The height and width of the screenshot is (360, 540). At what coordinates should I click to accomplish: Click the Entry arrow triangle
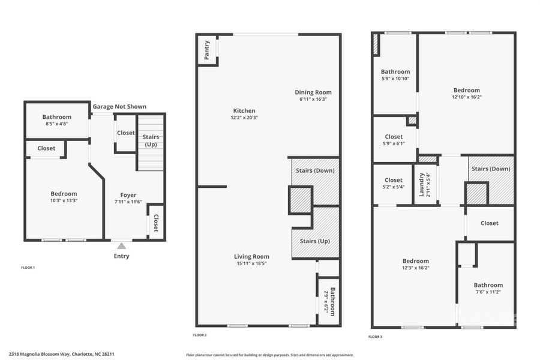tap(121, 245)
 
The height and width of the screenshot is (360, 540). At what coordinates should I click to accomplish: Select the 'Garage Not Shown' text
tap(119, 107)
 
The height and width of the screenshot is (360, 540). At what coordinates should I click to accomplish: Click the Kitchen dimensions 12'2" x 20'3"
tap(244, 118)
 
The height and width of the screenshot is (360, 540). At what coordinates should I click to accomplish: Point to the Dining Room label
tap(313, 92)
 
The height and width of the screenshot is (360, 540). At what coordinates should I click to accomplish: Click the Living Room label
tap(251, 257)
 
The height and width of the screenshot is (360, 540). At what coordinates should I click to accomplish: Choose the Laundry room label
tap(422, 184)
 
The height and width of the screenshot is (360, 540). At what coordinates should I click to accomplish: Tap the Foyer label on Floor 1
tap(128, 195)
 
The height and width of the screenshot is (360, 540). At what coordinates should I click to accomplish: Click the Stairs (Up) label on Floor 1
tap(151, 141)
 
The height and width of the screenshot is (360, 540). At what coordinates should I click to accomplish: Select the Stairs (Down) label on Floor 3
tap(491, 169)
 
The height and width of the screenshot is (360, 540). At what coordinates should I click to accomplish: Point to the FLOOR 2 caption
tap(200, 335)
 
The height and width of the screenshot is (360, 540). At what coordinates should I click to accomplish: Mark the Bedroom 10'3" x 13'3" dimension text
tap(64, 200)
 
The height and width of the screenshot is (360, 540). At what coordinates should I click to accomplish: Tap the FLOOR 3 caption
tap(375, 337)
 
